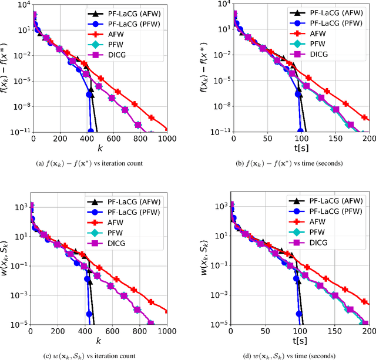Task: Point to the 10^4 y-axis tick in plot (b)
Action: pos(222,4)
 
